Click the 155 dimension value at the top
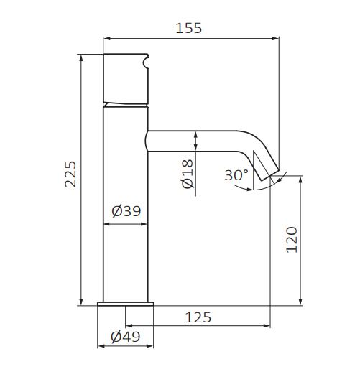tap(189, 28)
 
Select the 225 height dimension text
tap(70, 174)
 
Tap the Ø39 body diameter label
tap(126, 211)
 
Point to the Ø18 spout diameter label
tap(188, 174)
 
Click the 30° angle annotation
tap(236, 174)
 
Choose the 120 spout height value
tap(292, 240)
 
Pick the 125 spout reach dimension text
tap(198, 317)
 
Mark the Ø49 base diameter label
tap(126, 337)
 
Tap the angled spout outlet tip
tap(270, 174)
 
